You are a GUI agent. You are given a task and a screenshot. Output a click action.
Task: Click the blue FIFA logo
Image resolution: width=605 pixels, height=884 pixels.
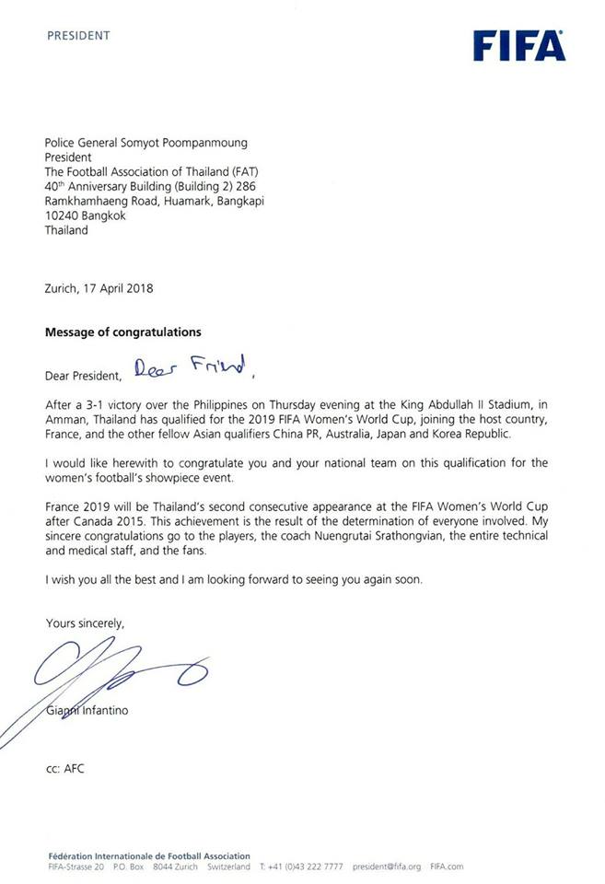coord(519,43)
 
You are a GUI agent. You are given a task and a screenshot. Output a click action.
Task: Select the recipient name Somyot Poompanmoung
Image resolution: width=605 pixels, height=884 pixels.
coord(183,143)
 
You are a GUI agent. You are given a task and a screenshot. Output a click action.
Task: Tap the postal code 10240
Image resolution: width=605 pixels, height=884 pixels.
coord(63,216)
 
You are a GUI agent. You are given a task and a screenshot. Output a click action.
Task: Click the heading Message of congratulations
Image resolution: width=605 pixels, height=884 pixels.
coord(123,331)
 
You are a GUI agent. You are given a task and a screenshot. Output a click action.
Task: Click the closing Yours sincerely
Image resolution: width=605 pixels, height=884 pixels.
coord(85,623)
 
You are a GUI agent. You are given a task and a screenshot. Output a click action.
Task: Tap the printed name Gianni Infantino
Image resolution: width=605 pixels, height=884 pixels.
coord(89,709)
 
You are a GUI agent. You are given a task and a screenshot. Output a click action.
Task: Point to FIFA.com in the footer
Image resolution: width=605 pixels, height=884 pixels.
coord(447,867)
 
